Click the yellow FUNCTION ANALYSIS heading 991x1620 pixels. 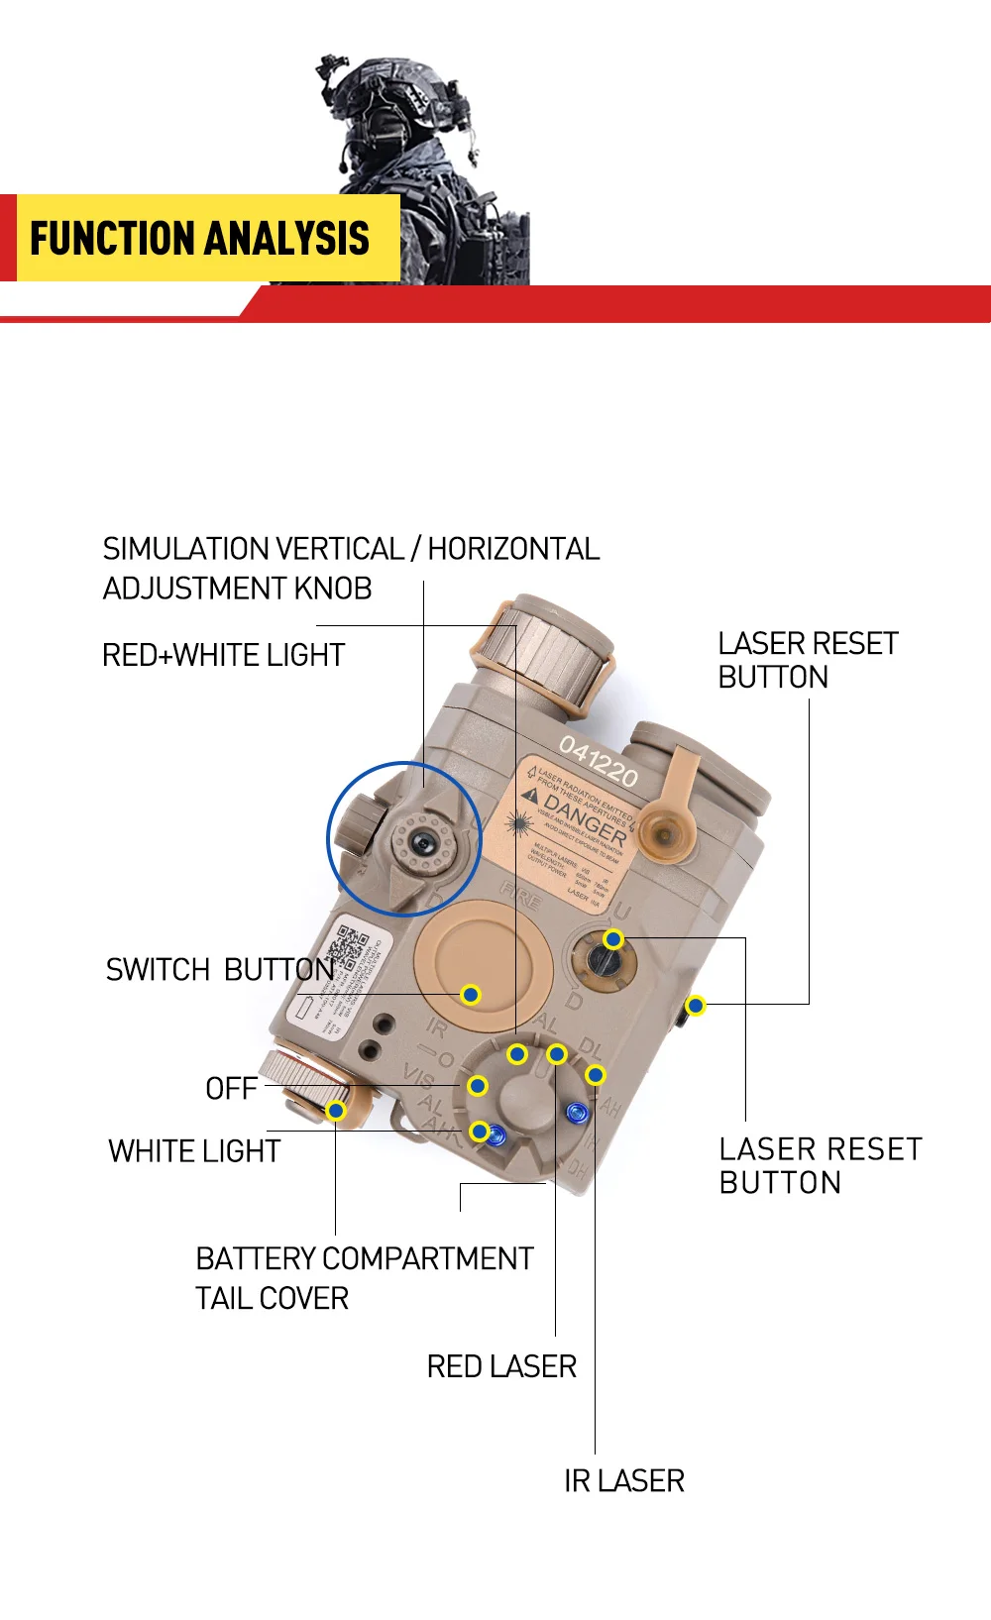(x=199, y=239)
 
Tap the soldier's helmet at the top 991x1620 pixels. (x=391, y=94)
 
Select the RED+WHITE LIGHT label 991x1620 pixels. (x=223, y=656)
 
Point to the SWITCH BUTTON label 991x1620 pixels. (x=219, y=970)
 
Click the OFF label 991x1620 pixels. (x=231, y=1089)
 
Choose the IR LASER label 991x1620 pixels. (x=624, y=1481)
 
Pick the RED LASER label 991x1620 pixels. (x=501, y=1367)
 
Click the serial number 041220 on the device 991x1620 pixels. (x=599, y=761)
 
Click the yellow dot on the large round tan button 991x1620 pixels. (x=471, y=994)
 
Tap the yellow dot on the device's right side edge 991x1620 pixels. (x=696, y=1006)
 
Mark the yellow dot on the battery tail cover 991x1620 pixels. (x=336, y=1111)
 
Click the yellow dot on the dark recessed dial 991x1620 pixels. (x=613, y=939)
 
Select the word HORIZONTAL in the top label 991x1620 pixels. (x=513, y=549)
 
